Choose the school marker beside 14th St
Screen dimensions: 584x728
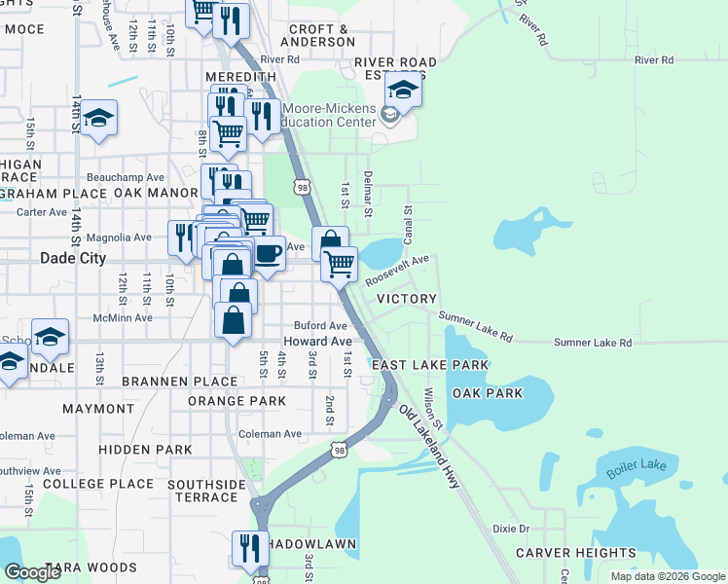98,119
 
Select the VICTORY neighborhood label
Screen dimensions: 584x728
406,299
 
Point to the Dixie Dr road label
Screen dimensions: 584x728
510,529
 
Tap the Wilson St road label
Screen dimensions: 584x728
433,410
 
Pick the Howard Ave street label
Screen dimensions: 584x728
317,342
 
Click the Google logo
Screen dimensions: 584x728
32,572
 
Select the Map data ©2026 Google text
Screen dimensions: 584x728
667,576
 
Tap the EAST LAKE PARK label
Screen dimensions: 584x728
429,365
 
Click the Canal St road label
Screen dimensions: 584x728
408,223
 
